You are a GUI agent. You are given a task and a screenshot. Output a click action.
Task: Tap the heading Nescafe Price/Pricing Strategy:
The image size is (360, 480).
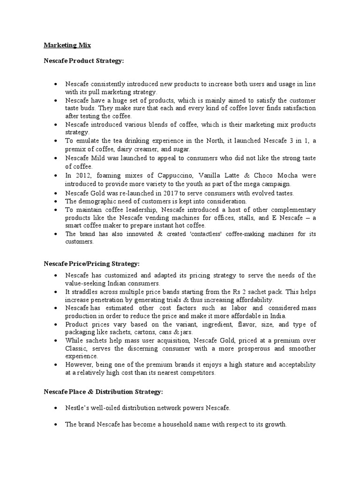pyautogui.click(x=91, y=264)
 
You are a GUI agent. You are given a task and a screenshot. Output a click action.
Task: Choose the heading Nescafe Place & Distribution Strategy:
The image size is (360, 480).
pyautogui.click(x=103, y=391)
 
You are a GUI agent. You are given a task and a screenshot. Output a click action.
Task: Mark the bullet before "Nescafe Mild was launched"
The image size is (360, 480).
pyautogui.click(x=56, y=158)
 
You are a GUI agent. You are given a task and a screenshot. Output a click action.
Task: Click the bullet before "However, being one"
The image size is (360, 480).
pyautogui.click(x=56, y=365)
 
